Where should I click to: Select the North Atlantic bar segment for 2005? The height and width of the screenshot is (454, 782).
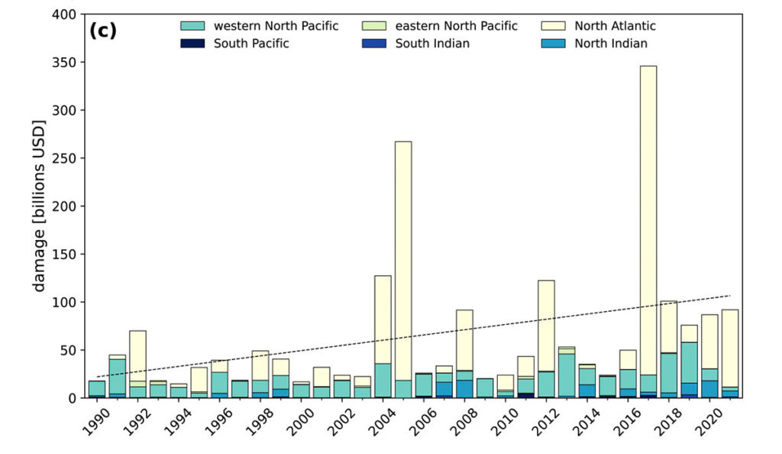403,261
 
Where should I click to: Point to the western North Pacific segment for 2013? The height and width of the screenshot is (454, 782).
567,375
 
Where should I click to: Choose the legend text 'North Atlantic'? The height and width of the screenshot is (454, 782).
615,26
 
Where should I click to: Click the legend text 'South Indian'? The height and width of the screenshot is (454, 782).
432,44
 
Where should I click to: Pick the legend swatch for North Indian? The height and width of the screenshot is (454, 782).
554,44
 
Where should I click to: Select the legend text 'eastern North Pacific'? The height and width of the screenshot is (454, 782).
457,26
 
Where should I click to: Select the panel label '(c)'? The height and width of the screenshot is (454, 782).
102,31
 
